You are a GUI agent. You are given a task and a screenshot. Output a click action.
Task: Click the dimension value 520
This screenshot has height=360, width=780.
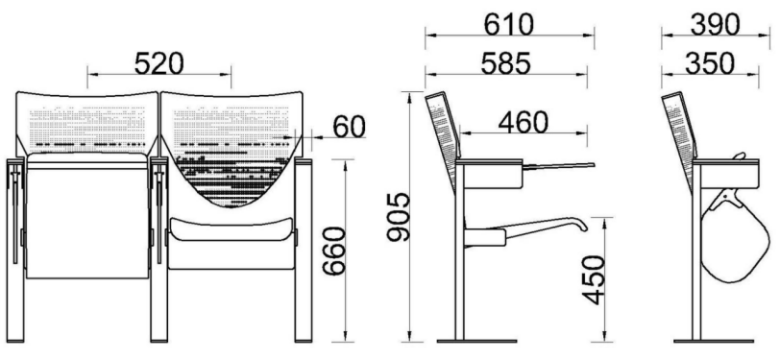[158, 63]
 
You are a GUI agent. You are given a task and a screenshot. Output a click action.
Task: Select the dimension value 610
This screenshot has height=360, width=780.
[508, 24]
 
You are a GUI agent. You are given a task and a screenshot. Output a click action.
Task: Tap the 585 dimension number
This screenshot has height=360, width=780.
[506, 63]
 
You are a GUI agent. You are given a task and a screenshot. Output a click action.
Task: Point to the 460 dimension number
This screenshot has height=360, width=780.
[524, 122]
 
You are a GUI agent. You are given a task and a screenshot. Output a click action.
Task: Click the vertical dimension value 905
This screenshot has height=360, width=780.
[399, 217]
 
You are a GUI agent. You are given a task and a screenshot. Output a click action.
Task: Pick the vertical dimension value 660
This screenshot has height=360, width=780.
[333, 251]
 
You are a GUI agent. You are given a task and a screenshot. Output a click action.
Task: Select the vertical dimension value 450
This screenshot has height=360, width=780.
[594, 279]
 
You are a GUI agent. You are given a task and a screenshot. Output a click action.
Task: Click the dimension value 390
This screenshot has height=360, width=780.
[715, 24]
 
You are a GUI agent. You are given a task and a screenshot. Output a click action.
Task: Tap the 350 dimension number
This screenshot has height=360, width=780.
[710, 63]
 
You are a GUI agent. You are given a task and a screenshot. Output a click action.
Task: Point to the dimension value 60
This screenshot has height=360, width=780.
[350, 127]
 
